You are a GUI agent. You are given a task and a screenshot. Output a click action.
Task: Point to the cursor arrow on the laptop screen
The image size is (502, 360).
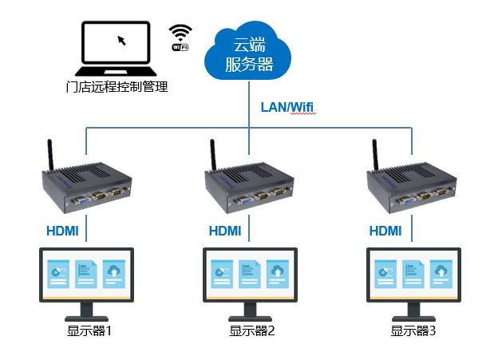click(121, 39)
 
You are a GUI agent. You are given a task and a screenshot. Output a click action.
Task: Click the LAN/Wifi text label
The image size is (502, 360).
click(289, 106)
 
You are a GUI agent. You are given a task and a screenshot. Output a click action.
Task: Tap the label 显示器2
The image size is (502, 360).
click(252, 330)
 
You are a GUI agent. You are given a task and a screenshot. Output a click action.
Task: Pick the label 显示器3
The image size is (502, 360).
click(413, 330)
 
